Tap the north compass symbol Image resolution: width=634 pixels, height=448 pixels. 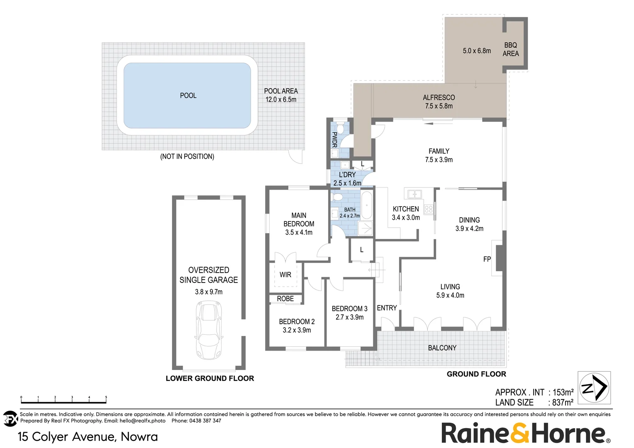[x=595, y=388]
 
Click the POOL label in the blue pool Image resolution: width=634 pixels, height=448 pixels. [x=188, y=95]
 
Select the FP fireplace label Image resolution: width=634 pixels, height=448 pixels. [x=487, y=259]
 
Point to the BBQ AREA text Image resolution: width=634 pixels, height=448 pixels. [x=511, y=49]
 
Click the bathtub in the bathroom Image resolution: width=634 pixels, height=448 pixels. [x=366, y=205]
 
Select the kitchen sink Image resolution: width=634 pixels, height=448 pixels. [x=414, y=194]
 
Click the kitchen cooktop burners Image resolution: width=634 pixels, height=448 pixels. [x=429, y=209]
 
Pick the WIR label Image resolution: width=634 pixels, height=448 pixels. [x=285, y=275]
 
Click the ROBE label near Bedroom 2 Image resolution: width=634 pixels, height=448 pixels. [x=285, y=299]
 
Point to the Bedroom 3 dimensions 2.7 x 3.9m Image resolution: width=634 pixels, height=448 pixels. [x=349, y=317]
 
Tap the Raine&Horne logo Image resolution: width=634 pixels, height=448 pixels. [x=525, y=433]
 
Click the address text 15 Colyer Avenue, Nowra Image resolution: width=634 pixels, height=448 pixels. [x=88, y=437]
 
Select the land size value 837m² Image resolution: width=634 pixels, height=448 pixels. [x=563, y=402]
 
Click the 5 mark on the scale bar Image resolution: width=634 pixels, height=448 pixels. [x=106, y=398]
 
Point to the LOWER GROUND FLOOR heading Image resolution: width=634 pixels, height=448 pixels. [x=210, y=378]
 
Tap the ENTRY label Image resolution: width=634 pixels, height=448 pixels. [x=387, y=308]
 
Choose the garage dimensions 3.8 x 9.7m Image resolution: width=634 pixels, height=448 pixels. [x=209, y=292]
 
